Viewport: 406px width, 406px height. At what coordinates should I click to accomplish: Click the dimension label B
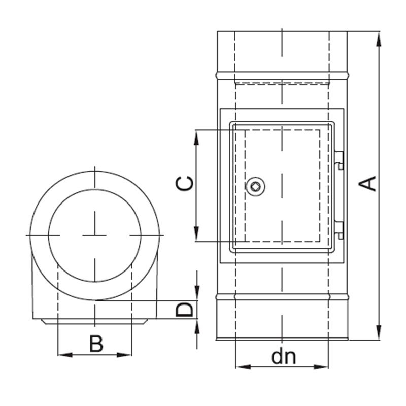point(96,344)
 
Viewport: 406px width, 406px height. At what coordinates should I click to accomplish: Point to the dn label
point(283,357)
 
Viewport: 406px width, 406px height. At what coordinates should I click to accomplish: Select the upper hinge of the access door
point(339,160)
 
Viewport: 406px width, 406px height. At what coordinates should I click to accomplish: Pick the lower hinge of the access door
point(339,230)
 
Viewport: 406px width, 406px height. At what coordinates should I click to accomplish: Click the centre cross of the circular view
point(94,235)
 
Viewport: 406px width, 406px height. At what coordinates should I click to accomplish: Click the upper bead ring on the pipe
point(282,75)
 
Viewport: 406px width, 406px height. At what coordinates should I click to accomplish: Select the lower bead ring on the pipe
point(282,297)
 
